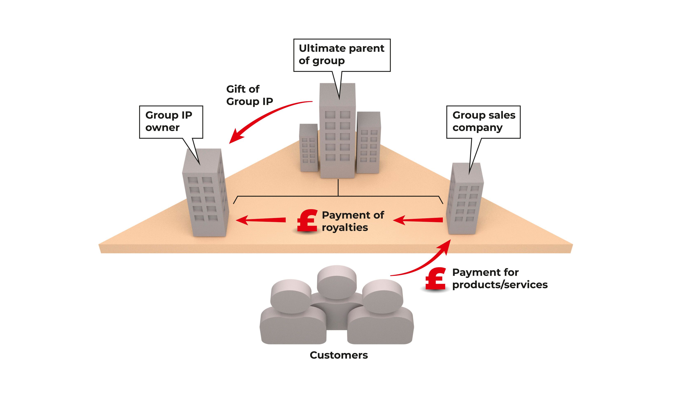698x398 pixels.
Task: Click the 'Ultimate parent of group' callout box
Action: click(x=342, y=55)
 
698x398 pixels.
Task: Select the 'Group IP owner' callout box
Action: click(x=171, y=122)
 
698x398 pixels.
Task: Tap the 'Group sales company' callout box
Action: click(x=483, y=122)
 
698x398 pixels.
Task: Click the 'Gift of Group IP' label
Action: click(x=249, y=95)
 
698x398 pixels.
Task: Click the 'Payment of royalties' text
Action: click(x=353, y=221)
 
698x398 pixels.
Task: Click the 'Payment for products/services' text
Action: click(x=499, y=279)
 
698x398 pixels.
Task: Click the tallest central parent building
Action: click(x=338, y=131)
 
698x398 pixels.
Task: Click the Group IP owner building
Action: click(x=205, y=194)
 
